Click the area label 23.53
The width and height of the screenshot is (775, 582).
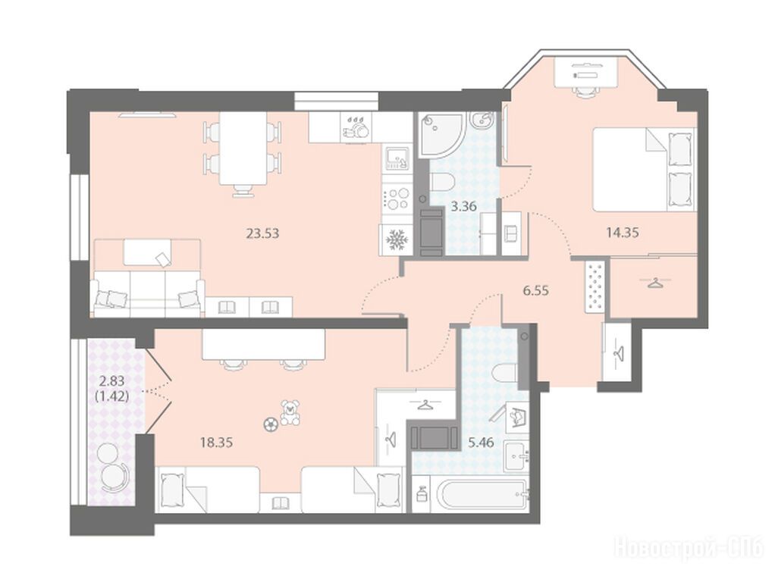262,233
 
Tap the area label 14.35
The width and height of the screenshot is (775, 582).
623,232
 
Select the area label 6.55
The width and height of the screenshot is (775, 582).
536,290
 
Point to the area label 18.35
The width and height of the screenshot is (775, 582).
216,442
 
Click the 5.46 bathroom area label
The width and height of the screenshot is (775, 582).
481,442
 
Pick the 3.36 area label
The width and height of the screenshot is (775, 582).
463,206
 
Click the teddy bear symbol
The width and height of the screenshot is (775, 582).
290,412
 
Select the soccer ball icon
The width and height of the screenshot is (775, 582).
270,424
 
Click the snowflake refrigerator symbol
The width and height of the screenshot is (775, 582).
395,240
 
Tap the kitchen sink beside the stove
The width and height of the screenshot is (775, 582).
397,158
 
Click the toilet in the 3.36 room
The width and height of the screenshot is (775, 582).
441,182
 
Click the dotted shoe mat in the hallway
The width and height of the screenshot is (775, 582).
595,286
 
